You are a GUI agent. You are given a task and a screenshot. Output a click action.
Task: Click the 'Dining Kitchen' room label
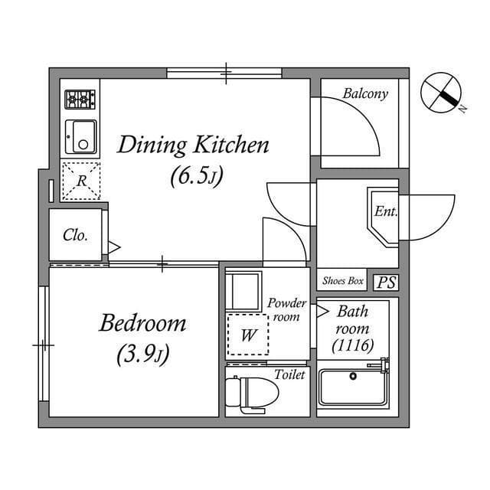click(192, 145)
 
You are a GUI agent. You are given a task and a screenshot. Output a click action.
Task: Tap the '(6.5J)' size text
click(196, 177)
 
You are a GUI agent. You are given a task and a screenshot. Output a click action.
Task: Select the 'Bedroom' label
click(142, 322)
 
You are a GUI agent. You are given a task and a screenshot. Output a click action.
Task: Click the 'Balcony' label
click(365, 94)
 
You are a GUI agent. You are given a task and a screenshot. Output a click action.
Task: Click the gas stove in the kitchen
click(80, 99)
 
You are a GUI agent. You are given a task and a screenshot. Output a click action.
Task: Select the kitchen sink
click(80, 136)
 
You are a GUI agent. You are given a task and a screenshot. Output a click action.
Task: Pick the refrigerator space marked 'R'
click(81, 181)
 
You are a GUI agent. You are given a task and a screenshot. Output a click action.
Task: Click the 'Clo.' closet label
click(75, 235)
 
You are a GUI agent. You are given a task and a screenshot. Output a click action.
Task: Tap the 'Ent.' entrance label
click(385, 212)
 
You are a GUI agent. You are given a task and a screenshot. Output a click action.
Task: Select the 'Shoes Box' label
click(343, 281)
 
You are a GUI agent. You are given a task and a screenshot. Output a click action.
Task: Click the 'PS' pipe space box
click(386, 282)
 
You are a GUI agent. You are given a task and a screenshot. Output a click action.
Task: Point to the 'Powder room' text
click(287, 309)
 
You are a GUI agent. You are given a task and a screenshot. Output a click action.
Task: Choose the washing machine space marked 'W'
click(249, 335)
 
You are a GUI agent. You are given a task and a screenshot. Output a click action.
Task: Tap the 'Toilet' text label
click(289, 374)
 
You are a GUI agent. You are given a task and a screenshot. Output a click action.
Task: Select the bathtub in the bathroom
click(353, 387)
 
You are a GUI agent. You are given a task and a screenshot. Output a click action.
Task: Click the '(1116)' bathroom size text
click(353, 345)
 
